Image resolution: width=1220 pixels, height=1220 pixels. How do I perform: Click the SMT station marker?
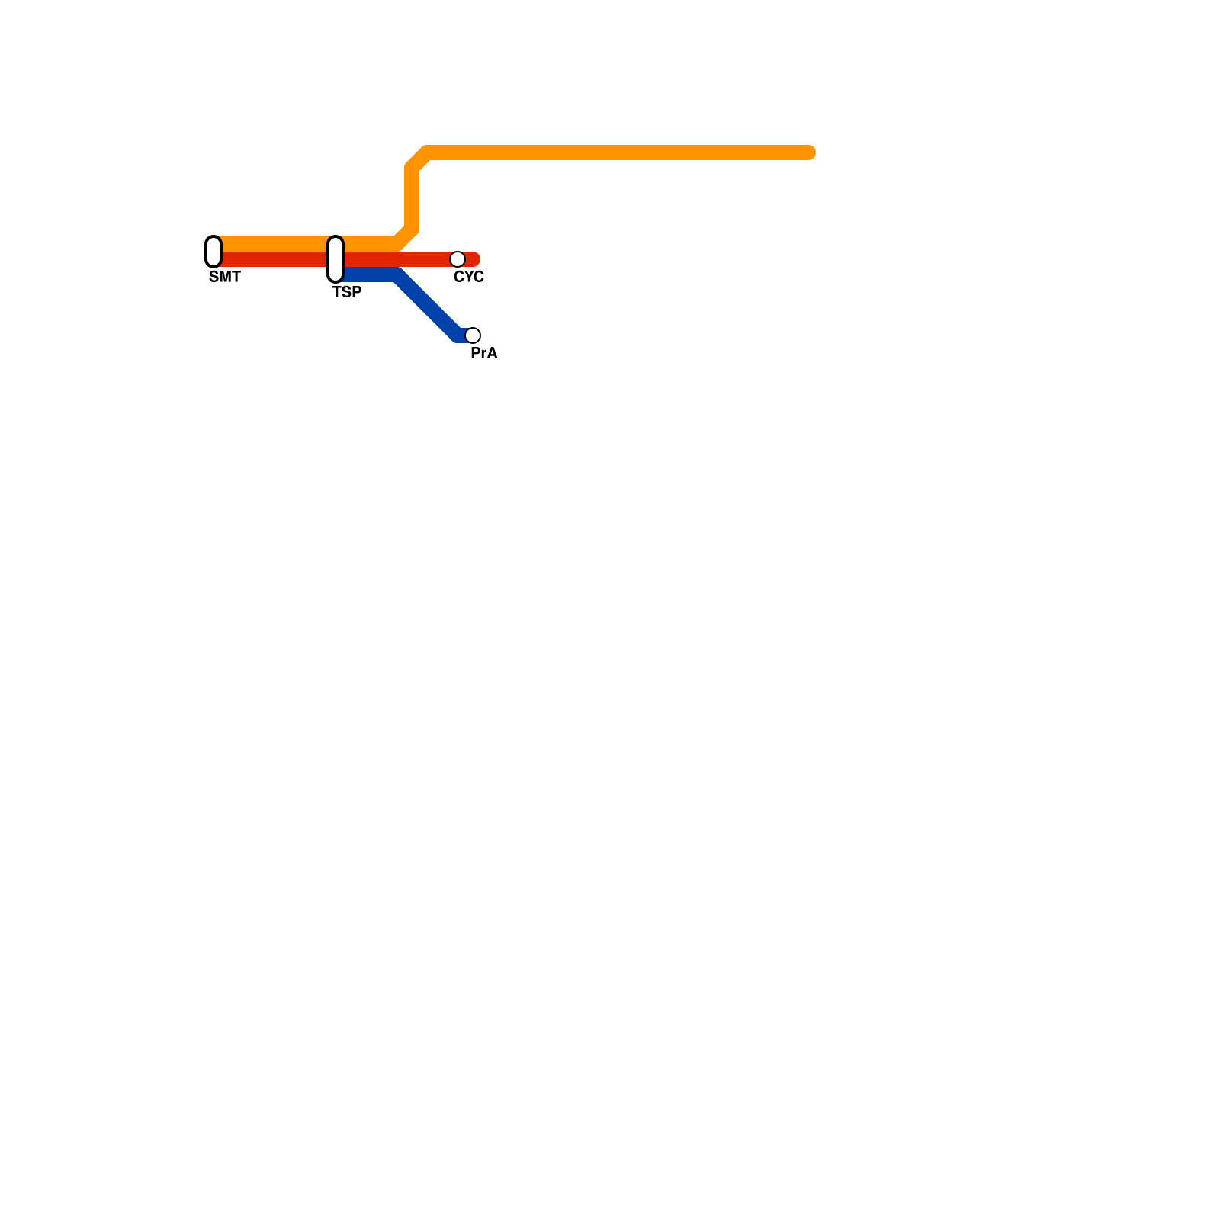[213, 252]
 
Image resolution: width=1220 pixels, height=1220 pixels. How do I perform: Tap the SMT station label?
[224, 278]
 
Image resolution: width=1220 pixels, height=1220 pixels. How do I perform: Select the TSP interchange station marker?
[335, 259]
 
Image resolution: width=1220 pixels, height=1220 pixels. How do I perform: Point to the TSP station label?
[347, 293]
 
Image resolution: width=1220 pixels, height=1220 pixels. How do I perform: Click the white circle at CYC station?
[457, 259]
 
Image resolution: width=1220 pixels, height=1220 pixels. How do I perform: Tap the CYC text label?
[468, 278]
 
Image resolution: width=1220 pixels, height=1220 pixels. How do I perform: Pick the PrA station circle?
[473, 335]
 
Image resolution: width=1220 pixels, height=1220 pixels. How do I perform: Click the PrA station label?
[483, 354]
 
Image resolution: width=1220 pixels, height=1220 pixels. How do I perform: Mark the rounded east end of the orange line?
[810, 152]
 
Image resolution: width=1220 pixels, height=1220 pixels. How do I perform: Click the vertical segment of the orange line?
[412, 198]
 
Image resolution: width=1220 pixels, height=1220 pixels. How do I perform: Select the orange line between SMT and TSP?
[274, 244]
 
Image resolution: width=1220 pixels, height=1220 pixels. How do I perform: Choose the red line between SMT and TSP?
[274, 259]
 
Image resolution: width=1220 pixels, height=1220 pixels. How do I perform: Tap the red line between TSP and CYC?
[396, 259]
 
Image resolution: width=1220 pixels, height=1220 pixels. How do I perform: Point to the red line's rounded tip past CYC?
[475, 259]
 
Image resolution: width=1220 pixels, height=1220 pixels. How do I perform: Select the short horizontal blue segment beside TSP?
[370, 274]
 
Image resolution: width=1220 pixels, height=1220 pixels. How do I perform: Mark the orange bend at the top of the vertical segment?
[418, 159]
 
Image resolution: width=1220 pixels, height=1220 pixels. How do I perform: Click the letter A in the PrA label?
[493, 354]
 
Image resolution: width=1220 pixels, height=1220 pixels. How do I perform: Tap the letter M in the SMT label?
[224, 278]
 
